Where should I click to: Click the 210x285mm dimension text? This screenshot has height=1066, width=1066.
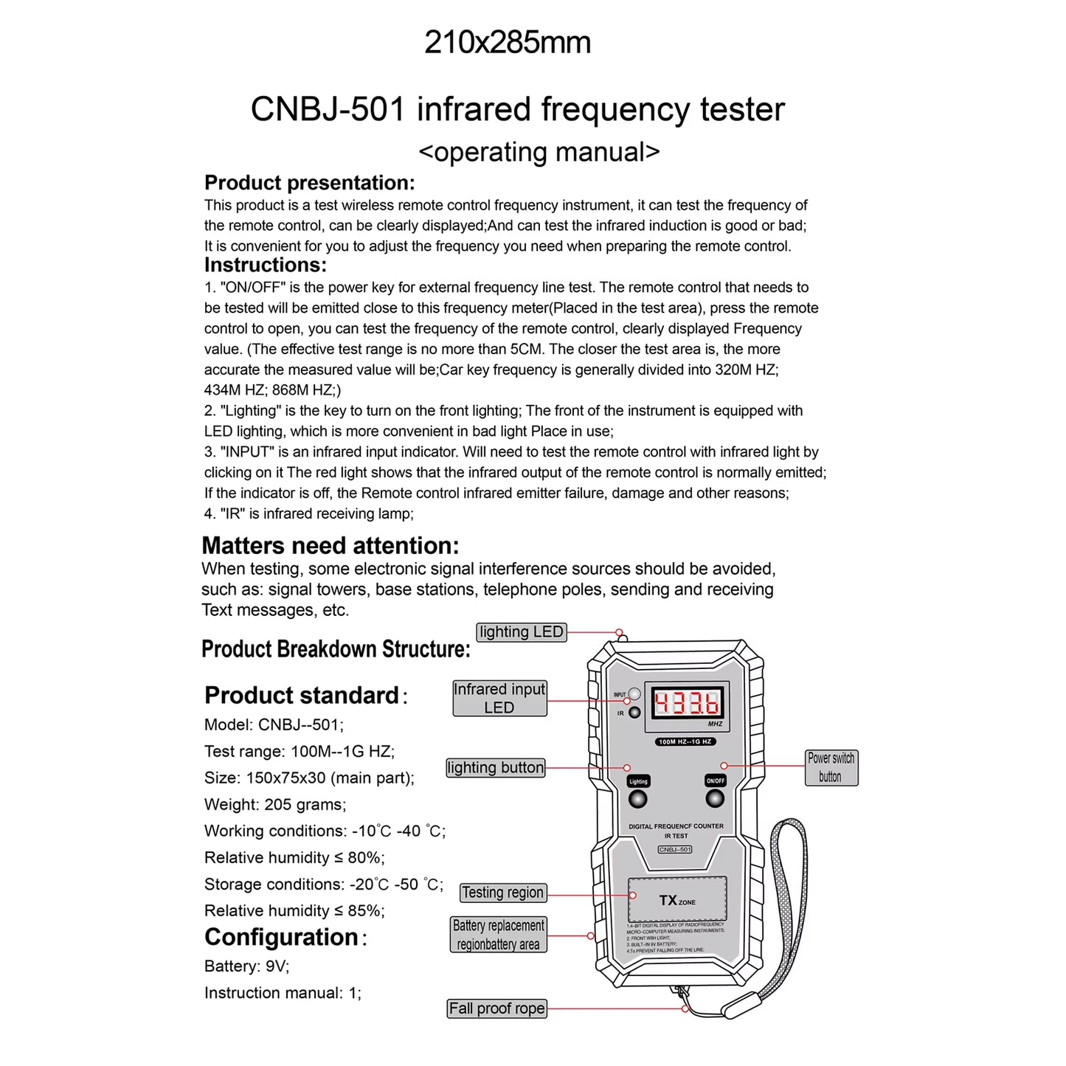[508, 43]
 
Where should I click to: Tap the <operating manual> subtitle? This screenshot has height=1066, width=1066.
[539, 152]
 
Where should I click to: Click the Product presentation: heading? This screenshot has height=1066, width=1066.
[309, 183]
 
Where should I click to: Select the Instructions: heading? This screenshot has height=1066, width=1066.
[265, 265]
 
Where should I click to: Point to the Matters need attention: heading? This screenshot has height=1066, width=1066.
[330, 546]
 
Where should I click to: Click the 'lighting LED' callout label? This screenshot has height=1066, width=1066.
[521, 632]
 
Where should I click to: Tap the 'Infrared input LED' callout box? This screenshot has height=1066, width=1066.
[499, 698]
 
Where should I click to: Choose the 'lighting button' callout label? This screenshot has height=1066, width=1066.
[496, 768]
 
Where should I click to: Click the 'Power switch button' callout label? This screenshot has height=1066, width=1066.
[831, 767]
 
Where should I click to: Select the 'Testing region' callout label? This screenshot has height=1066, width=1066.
[503, 893]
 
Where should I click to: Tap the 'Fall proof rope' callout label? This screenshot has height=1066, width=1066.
[496, 1008]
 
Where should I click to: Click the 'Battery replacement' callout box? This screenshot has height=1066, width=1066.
[499, 935]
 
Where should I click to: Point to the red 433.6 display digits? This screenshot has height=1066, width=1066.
[686, 703]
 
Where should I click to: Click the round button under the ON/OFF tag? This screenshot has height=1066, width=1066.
[714, 798]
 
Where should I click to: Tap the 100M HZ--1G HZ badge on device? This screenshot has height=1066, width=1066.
[685, 741]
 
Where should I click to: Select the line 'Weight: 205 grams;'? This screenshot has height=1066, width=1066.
[275, 805]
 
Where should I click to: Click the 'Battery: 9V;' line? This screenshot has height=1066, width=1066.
[246, 966]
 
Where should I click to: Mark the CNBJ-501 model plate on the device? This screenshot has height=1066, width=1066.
[675, 849]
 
